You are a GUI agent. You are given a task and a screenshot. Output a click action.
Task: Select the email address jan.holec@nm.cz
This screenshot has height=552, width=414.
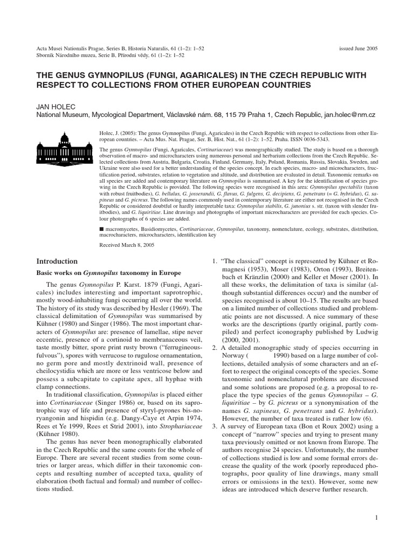click(x=351, y=115)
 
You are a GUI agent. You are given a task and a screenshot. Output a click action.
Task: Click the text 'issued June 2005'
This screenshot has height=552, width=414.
click(x=358, y=48)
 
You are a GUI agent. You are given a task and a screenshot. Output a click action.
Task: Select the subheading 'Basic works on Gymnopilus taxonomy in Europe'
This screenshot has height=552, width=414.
click(x=105, y=273)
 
